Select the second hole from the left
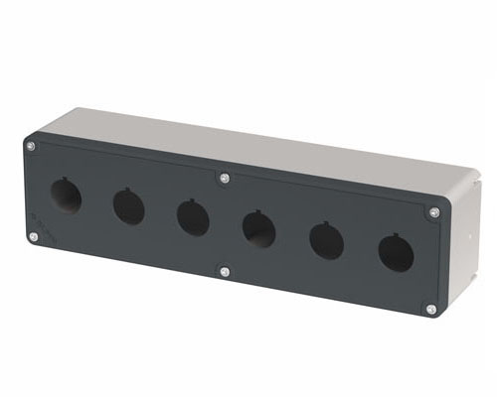point(128,206)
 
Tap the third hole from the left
point(193,217)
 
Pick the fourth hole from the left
point(258,230)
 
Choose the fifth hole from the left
point(326,241)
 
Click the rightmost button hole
point(396,252)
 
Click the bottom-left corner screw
point(34,237)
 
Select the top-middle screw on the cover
point(224,179)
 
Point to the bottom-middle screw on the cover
point(225,271)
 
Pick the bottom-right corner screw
point(430,309)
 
